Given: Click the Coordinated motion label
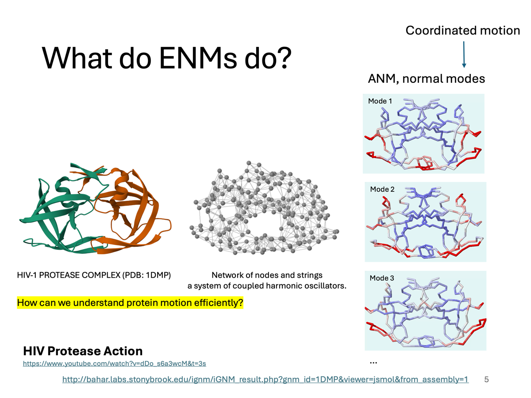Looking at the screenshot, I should [x=462, y=31].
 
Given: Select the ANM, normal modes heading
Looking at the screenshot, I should [x=427, y=79].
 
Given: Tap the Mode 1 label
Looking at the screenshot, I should [x=380, y=101].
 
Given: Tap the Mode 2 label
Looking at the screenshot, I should [x=382, y=189].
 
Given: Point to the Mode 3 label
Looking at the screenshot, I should [x=382, y=278].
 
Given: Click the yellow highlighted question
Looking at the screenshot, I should [x=130, y=303].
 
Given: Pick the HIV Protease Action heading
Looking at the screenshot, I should [x=83, y=351].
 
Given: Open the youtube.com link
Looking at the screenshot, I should [x=114, y=364].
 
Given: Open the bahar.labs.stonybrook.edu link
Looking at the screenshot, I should [x=265, y=379].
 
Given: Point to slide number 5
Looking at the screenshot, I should [x=487, y=379].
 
